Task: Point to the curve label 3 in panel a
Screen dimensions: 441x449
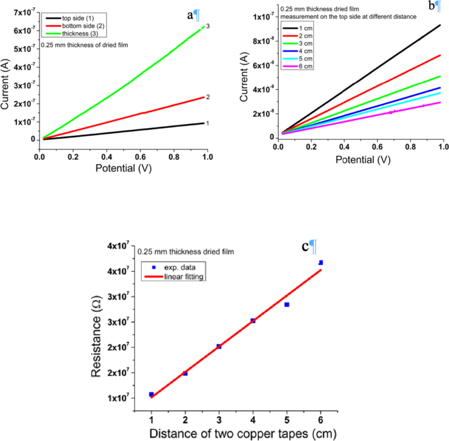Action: pos(207,26)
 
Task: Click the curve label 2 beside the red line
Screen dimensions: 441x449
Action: pos(207,96)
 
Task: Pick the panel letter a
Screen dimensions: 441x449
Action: pos(190,14)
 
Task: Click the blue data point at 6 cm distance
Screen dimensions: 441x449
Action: pos(321,262)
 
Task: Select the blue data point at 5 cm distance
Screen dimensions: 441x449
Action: pos(286,304)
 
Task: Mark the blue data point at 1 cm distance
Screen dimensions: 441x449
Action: pos(151,394)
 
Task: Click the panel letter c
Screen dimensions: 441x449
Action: pos(305,247)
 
